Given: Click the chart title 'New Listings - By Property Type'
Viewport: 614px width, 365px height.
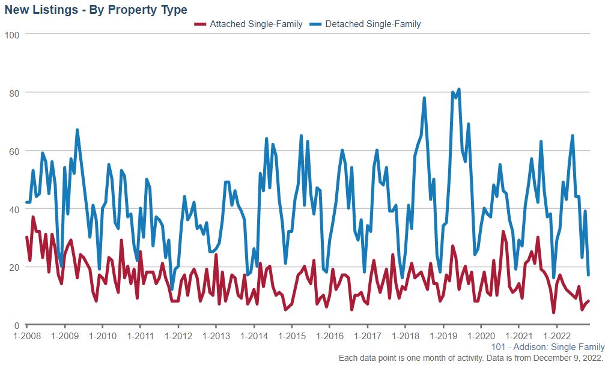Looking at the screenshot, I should pyautogui.click(x=96, y=10).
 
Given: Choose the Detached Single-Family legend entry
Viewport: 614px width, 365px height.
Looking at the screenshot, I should pyautogui.click(x=372, y=24).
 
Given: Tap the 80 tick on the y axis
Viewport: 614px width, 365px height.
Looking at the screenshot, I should pyautogui.click(x=15, y=93).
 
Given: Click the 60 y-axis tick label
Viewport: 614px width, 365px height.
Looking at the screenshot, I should pyautogui.click(x=15, y=151).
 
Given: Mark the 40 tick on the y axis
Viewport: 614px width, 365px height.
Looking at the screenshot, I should pyautogui.click(x=15, y=210).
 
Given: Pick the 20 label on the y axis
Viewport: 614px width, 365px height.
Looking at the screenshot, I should pyautogui.click(x=15, y=267).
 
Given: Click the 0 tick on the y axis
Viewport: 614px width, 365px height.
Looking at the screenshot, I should pyautogui.click(x=17, y=325).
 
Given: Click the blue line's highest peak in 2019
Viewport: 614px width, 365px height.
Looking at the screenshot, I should pyautogui.click(x=459, y=89).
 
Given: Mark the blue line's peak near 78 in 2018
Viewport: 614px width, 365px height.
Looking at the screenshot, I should pyautogui.click(x=424, y=98).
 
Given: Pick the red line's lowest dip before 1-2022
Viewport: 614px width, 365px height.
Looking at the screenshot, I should pyautogui.click(x=553, y=313).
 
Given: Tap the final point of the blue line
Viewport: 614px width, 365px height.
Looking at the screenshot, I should pyautogui.click(x=588, y=275).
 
